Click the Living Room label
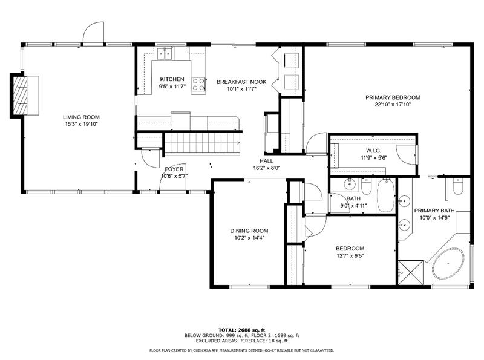pyautogui.click(x=81, y=117)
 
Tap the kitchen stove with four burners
pyautogui.click(x=198, y=85)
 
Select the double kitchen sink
pyautogui.click(x=165, y=54)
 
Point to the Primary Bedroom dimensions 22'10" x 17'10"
pyautogui.click(x=393, y=105)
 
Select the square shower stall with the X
pyautogui.click(x=411, y=273)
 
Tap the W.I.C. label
pyautogui.click(x=373, y=151)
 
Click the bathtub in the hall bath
pyautogui.click(x=385, y=196)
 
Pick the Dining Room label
pyautogui.click(x=249, y=231)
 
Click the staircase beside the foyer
pyautogui.click(x=202, y=142)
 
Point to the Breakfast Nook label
pyautogui.click(x=241, y=82)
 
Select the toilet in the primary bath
pyautogui.click(x=458, y=186)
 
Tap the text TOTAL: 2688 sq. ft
pyautogui.click(x=241, y=330)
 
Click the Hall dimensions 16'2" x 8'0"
pyautogui.click(x=266, y=168)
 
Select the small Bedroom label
pyautogui.click(x=350, y=249)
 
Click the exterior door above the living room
pyautogui.click(x=93, y=33)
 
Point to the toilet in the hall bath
pyautogui.click(x=367, y=186)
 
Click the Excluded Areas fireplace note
pyautogui.click(x=241, y=341)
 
